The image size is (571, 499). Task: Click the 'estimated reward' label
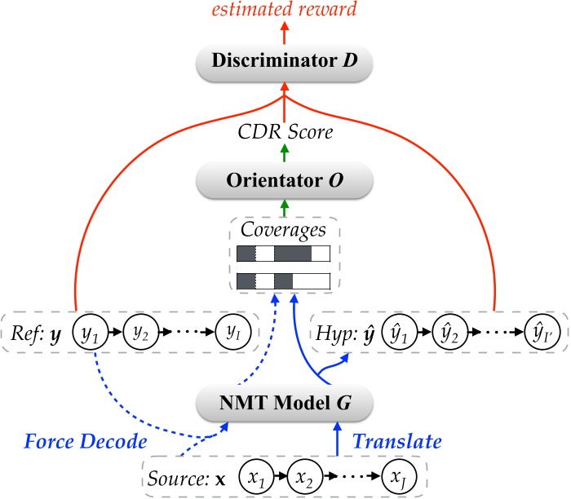point(284,11)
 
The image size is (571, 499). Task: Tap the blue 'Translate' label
point(396,441)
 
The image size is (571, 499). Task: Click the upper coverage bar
point(283,253)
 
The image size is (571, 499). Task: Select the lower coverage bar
point(283,282)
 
